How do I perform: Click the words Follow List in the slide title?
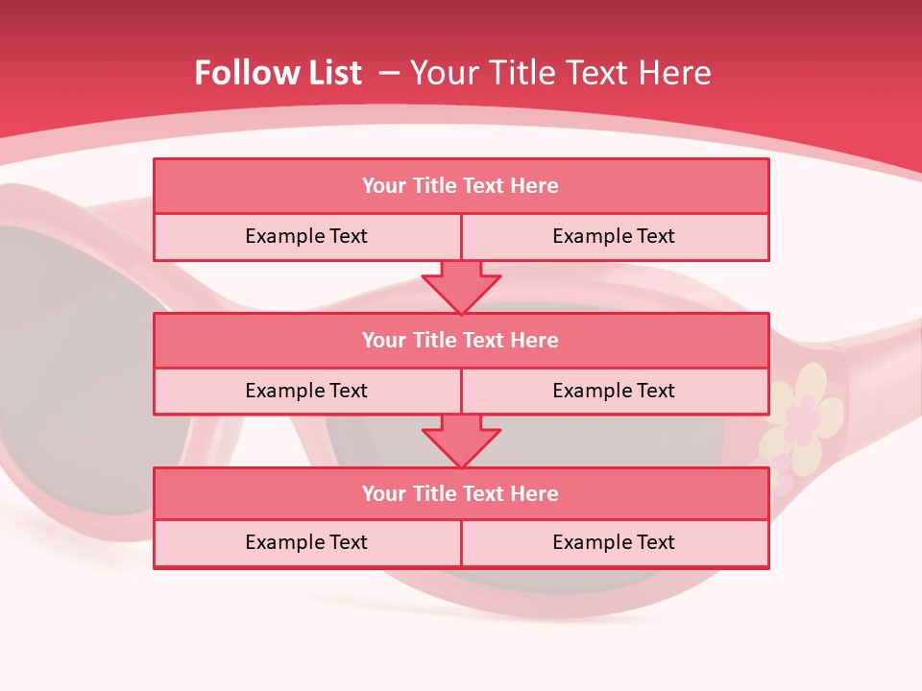(278, 73)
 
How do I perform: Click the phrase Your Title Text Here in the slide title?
(561, 73)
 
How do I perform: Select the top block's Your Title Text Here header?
(460, 186)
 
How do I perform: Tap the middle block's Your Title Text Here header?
(460, 340)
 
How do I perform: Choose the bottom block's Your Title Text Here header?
(460, 493)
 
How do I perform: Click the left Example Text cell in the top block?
(306, 236)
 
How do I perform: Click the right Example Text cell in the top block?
(614, 236)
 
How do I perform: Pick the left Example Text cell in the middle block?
(306, 391)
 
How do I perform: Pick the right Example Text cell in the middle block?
(614, 391)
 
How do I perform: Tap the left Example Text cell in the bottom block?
(306, 542)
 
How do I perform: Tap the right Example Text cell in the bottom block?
(614, 542)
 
